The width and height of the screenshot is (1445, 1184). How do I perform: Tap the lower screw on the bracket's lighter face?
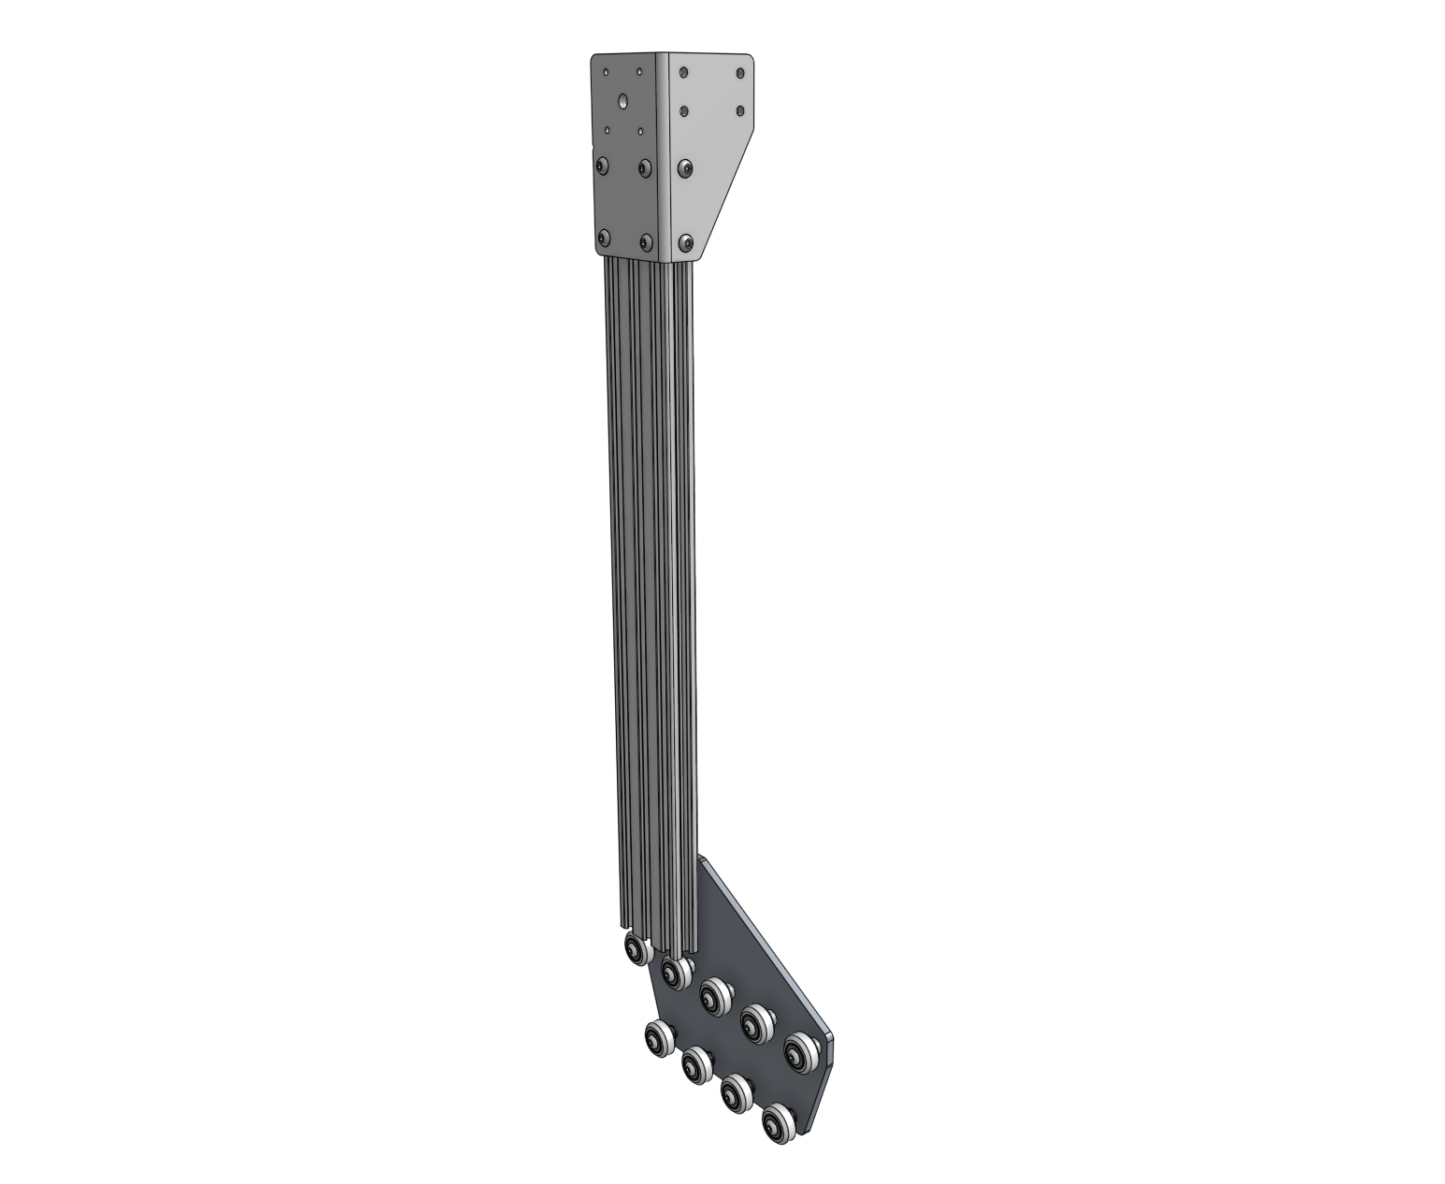click(687, 243)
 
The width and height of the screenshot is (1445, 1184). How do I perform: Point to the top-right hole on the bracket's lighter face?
click(741, 72)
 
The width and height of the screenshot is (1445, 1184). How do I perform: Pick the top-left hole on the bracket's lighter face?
click(684, 70)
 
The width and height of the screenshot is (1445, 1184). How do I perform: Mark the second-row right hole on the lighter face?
click(741, 111)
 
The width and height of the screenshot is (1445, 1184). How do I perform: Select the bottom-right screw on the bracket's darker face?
click(645, 242)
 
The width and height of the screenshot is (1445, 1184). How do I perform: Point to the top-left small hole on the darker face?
click(606, 71)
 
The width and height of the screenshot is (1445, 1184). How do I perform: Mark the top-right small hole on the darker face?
click(639, 71)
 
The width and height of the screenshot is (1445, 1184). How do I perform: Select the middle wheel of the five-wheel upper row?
click(715, 993)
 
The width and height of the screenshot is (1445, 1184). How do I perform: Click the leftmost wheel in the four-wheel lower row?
click(659, 1037)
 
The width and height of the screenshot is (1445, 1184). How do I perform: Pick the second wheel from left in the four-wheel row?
click(697, 1063)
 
